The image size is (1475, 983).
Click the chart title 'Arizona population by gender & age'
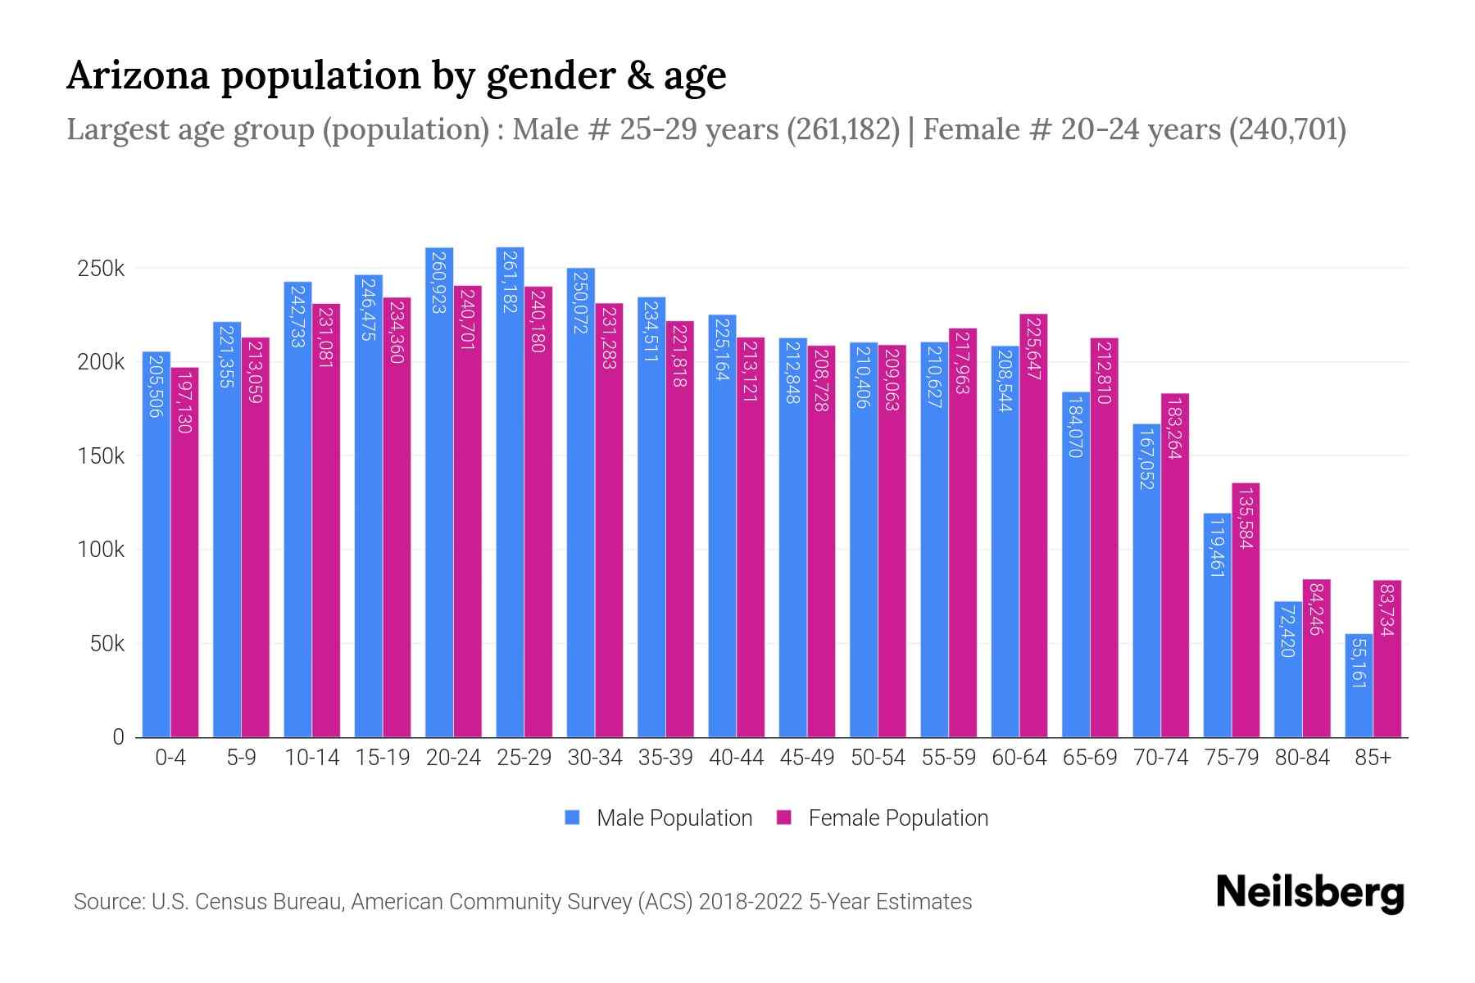396,75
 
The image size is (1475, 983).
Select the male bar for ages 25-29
510,491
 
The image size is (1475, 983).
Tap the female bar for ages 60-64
1033,524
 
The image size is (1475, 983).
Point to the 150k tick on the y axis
101,455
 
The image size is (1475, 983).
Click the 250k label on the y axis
101,268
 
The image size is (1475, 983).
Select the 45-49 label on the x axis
807,758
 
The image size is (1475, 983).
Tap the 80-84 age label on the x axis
1302,758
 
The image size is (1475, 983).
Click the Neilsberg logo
1309,893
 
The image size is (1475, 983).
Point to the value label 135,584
1246,518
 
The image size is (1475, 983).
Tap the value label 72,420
1287,631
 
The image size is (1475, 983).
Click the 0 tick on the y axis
118,737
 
